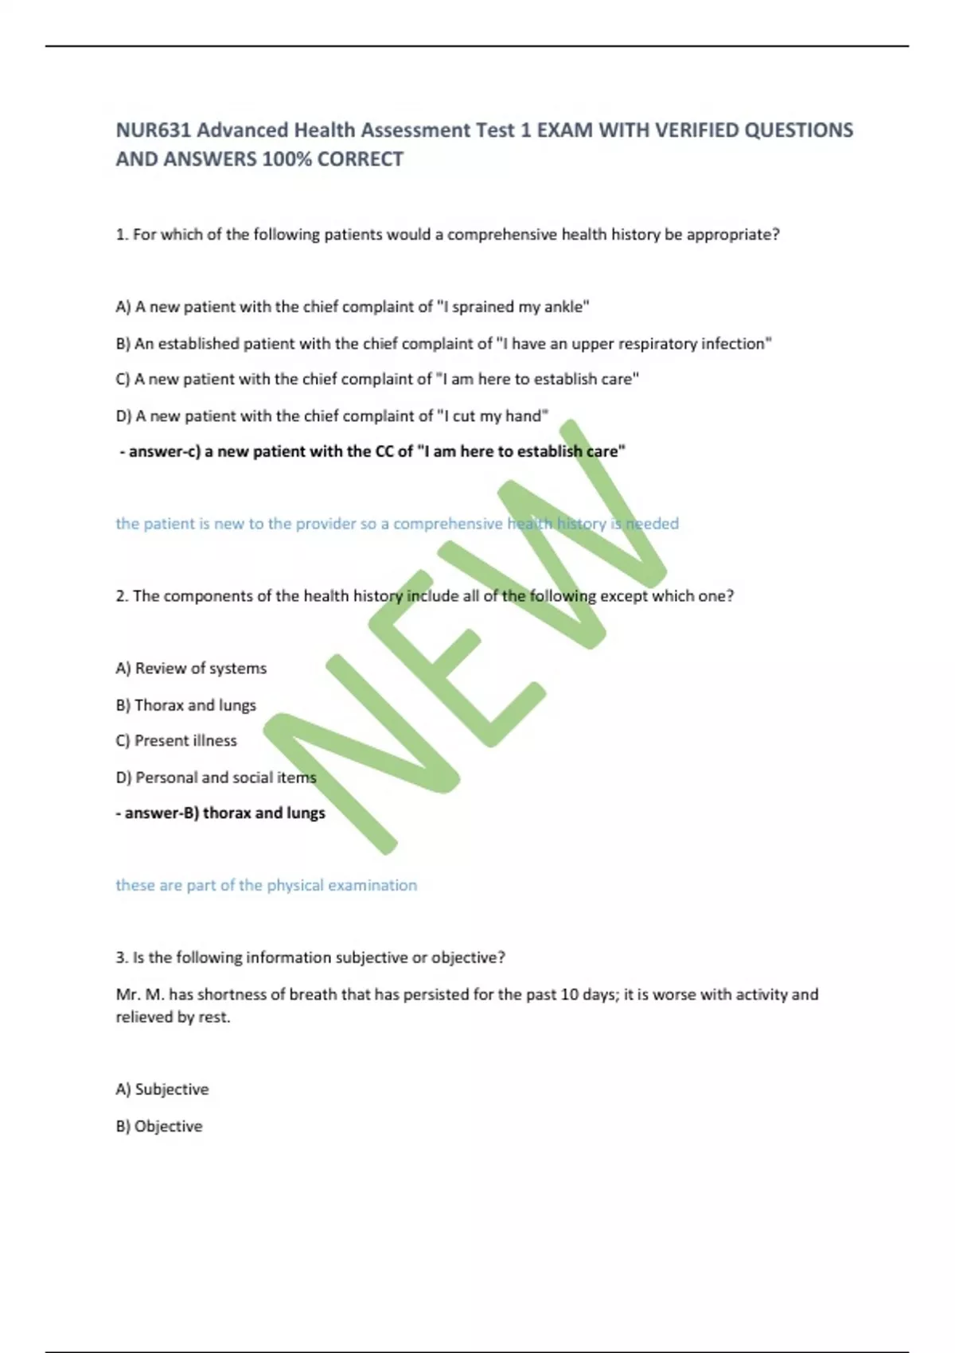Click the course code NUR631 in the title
click(154, 130)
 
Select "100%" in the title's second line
click(286, 159)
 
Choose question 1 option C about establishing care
click(377, 380)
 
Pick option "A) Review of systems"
click(191, 669)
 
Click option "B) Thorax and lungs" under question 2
click(186, 705)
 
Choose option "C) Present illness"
click(176, 741)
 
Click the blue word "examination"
click(374, 885)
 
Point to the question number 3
click(121, 957)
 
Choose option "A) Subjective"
click(162, 1090)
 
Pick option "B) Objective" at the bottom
click(159, 1126)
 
